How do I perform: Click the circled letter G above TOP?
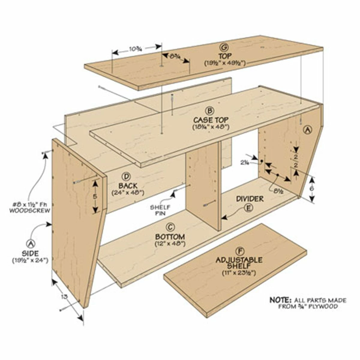(224, 47)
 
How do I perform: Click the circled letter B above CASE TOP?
(210, 111)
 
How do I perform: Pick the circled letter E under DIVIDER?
(248, 208)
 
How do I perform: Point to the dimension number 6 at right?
(312, 188)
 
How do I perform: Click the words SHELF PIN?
(160, 210)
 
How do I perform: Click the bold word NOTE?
(280, 300)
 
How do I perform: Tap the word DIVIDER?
(250, 199)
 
